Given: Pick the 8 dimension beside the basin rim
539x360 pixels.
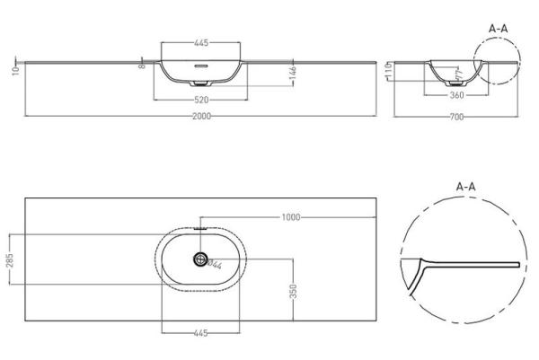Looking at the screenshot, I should pos(142,66).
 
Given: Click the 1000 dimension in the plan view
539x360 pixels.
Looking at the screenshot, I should pos(289,217).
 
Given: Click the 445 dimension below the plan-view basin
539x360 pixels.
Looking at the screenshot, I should pos(200,333).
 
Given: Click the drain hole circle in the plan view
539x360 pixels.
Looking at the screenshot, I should pos(199,260).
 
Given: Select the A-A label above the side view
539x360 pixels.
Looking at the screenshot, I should pos(499,29).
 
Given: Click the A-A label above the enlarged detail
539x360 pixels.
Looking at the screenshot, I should pos(465,186).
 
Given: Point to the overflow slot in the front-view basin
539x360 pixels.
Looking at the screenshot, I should pos(200,65).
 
